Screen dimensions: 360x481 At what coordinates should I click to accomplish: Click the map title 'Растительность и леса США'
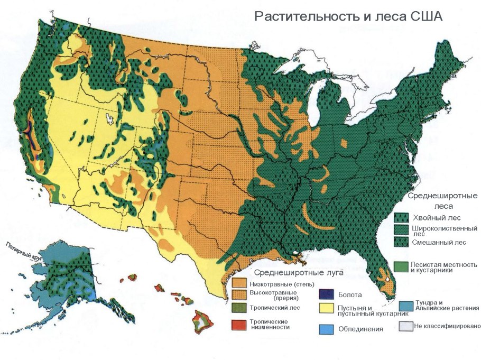[348, 16]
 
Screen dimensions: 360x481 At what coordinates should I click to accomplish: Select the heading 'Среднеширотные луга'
[299, 273]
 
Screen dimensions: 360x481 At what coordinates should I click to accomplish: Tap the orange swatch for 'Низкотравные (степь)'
[239, 283]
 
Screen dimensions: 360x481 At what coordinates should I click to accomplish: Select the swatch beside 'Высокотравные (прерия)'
[239, 293]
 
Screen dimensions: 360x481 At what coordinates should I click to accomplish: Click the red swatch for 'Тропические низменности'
[239, 324]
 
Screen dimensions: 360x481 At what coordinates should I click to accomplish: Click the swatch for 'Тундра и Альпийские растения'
[406, 305]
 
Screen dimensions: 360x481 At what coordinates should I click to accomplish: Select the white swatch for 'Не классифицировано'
[406, 326]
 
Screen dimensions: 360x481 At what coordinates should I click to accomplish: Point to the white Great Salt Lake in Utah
[110, 119]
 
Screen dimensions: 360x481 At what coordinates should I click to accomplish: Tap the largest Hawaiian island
[202, 320]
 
